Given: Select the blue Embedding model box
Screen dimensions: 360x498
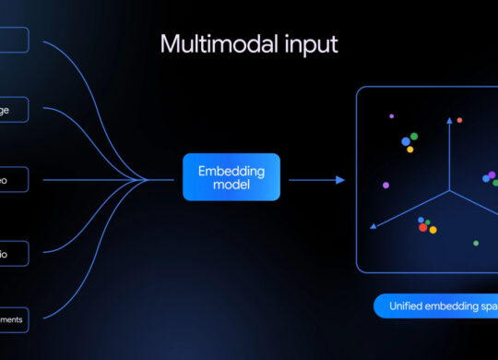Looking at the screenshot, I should pyautogui.click(x=231, y=177).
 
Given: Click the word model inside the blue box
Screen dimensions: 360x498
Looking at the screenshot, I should pyautogui.click(x=231, y=186).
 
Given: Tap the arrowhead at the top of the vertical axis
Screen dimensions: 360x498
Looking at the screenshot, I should pyautogui.click(x=450, y=120).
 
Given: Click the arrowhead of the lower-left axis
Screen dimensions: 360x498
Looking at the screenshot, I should pyautogui.click(x=372, y=224).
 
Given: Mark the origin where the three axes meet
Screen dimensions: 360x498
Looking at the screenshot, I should pyautogui.click(x=450, y=191).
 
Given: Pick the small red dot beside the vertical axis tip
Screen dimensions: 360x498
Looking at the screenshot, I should pyautogui.click(x=459, y=120).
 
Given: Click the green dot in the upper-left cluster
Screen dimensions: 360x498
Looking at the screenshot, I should pyautogui.click(x=414, y=137).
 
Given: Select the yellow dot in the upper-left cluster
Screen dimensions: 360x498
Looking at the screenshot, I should pyautogui.click(x=409, y=148).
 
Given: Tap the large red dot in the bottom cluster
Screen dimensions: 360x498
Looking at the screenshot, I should pyautogui.click(x=423, y=227).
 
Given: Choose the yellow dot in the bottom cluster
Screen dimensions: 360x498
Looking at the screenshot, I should pyautogui.click(x=433, y=229).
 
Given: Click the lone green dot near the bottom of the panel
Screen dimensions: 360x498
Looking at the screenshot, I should pyautogui.click(x=476, y=244).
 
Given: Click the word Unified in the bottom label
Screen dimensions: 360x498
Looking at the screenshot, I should pyautogui.click(x=407, y=306).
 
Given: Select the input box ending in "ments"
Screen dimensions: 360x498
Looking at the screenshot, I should pyautogui.click(x=13, y=319).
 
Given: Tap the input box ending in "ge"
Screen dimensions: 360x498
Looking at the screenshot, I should pyautogui.click(x=13, y=110).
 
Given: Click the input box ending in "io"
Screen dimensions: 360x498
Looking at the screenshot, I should pyautogui.click(x=13, y=253).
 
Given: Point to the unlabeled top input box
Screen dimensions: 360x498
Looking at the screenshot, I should pyautogui.click(x=13, y=40).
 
